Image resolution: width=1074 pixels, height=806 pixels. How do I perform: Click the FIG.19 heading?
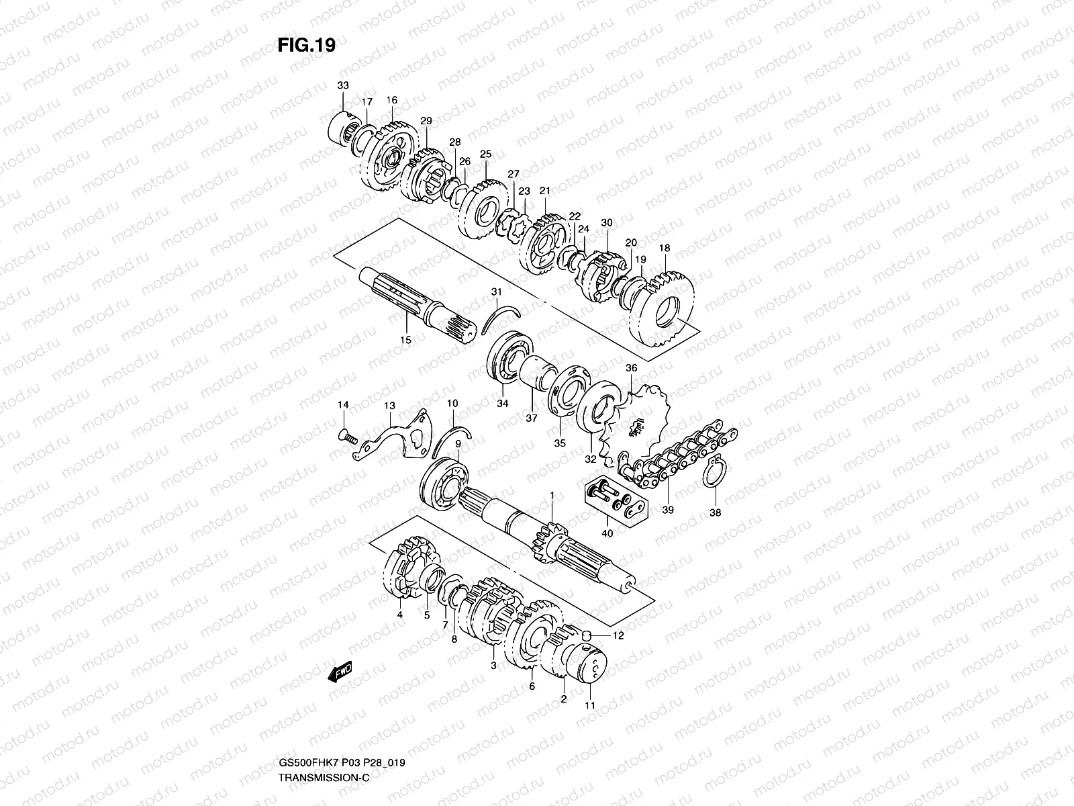[x=306, y=45]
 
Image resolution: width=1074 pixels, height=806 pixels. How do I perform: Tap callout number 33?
[x=343, y=85]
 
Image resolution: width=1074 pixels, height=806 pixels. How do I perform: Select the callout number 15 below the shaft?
[x=405, y=340]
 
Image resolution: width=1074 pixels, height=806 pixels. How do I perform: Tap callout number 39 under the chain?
[x=669, y=510]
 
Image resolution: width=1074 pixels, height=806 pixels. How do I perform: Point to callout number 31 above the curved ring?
[x=496, y=292]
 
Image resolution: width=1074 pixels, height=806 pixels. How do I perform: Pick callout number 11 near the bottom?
[x=591, y=706]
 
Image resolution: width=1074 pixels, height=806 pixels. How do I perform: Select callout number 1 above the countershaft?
[x=552, y=495]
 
